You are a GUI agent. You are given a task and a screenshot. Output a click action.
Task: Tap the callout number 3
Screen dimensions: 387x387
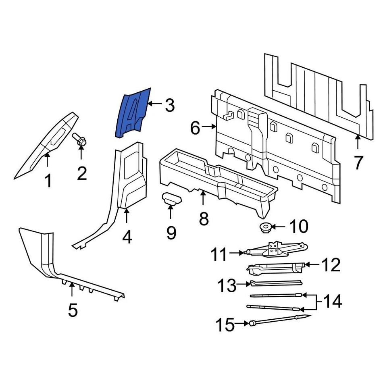[x=169, y=106]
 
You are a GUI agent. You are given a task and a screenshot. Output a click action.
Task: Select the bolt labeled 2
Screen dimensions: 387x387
[x=80, y=141]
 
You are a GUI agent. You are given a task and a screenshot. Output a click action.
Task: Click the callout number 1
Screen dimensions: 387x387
[x=48, y=181]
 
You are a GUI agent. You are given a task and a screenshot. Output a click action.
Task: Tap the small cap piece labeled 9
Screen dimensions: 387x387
[x=171, y=199]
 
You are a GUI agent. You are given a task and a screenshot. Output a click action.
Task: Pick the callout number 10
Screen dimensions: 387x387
[x=299, y=227]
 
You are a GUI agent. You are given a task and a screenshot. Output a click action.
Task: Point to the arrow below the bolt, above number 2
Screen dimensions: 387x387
[x=81, y=153]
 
